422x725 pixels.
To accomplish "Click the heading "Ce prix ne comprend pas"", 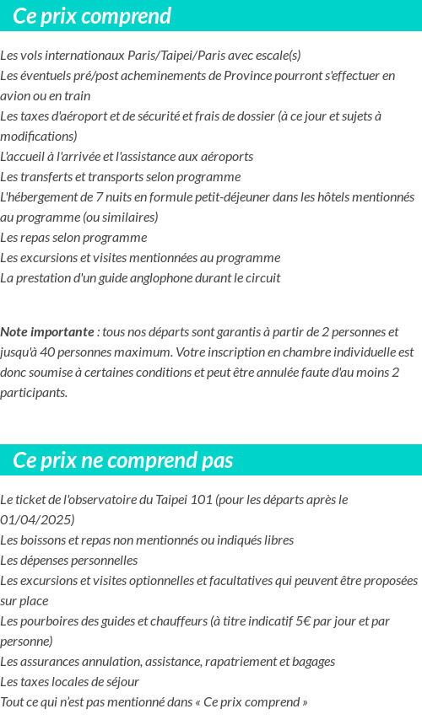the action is [123, 460].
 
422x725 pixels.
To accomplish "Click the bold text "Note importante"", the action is [47, 332].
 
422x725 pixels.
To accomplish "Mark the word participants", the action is [34, 393].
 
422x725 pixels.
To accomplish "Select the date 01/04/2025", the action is [37, 520].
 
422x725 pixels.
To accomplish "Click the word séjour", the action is [121, 682].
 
